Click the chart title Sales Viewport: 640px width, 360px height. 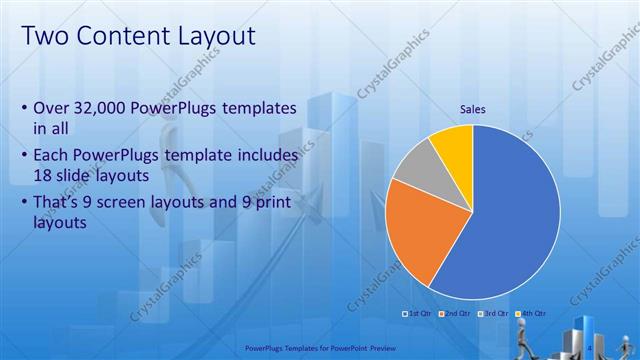473,110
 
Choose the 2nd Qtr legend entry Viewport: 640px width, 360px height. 457,313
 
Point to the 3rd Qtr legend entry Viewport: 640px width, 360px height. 495,313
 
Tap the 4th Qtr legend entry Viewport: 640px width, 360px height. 532,313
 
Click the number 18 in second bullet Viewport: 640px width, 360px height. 42,175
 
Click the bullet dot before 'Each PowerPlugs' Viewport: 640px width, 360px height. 24,157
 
